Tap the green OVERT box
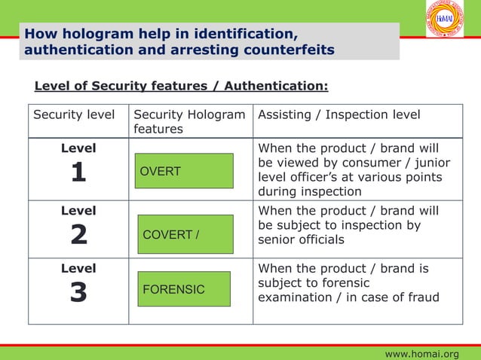pos(185,171)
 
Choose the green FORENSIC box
pos(183,289)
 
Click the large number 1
pos(78,173)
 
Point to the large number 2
pos(78,235)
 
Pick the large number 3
pos(78,292)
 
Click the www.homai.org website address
pos(421,353)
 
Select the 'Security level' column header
pos(74,114)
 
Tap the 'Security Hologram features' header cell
pos(188,121)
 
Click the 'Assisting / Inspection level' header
pos(339,114)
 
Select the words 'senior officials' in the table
pos(301,239)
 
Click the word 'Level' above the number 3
pos(78,268)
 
